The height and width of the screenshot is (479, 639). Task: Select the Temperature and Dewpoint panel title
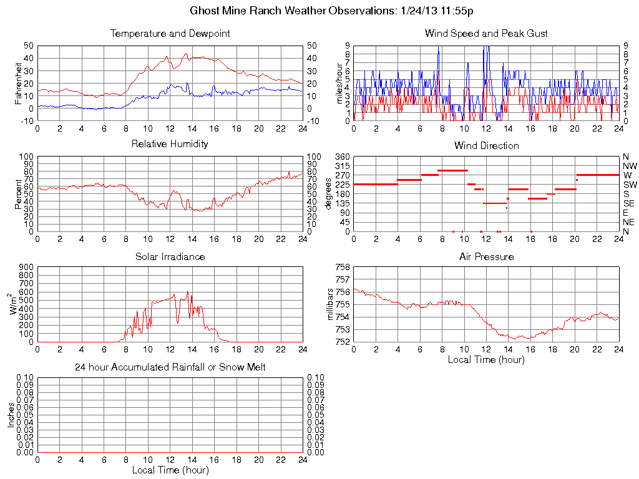[170, 33]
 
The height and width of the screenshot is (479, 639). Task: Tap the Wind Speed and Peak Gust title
[485, 33]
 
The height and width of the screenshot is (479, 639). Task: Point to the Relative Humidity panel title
[170, 144]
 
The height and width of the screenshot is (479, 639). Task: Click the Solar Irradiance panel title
[170, 256]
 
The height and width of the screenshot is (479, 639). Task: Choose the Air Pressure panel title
[486, 256]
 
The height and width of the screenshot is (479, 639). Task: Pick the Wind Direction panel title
[486, 145]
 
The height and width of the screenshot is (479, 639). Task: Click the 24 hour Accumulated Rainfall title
[170, 367]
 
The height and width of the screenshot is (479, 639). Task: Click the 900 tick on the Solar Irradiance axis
[25, 268]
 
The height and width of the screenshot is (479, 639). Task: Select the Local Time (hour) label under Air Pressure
[486, 359]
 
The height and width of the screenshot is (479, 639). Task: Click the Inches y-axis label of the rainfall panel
[11, 415]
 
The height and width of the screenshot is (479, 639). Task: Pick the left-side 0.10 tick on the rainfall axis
[25, 378]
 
